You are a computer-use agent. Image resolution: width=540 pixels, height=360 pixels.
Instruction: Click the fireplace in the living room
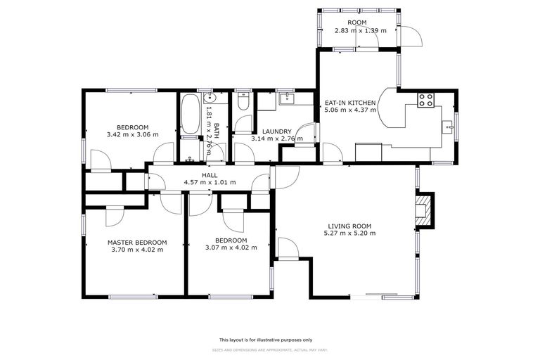click(423, 210)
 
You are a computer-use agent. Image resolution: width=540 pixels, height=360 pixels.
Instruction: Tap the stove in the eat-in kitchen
click(426, 100)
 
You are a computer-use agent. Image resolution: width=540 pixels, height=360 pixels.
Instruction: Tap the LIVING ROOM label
click(349, 226)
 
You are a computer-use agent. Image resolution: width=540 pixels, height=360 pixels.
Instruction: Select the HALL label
click(210, 175)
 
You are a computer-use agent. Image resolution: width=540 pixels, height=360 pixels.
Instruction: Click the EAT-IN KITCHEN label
click(350, 103)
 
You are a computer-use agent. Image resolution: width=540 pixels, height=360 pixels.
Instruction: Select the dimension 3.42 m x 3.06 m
click(132, 134)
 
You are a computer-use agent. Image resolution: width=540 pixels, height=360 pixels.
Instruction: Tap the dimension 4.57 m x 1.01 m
click(210, 182)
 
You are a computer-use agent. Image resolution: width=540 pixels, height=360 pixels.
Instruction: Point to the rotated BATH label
click(216, 131)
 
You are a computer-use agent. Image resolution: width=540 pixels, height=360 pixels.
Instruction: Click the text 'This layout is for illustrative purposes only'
click(269, 339)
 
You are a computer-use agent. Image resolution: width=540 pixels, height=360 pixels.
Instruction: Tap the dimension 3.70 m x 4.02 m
click(136, 249)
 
